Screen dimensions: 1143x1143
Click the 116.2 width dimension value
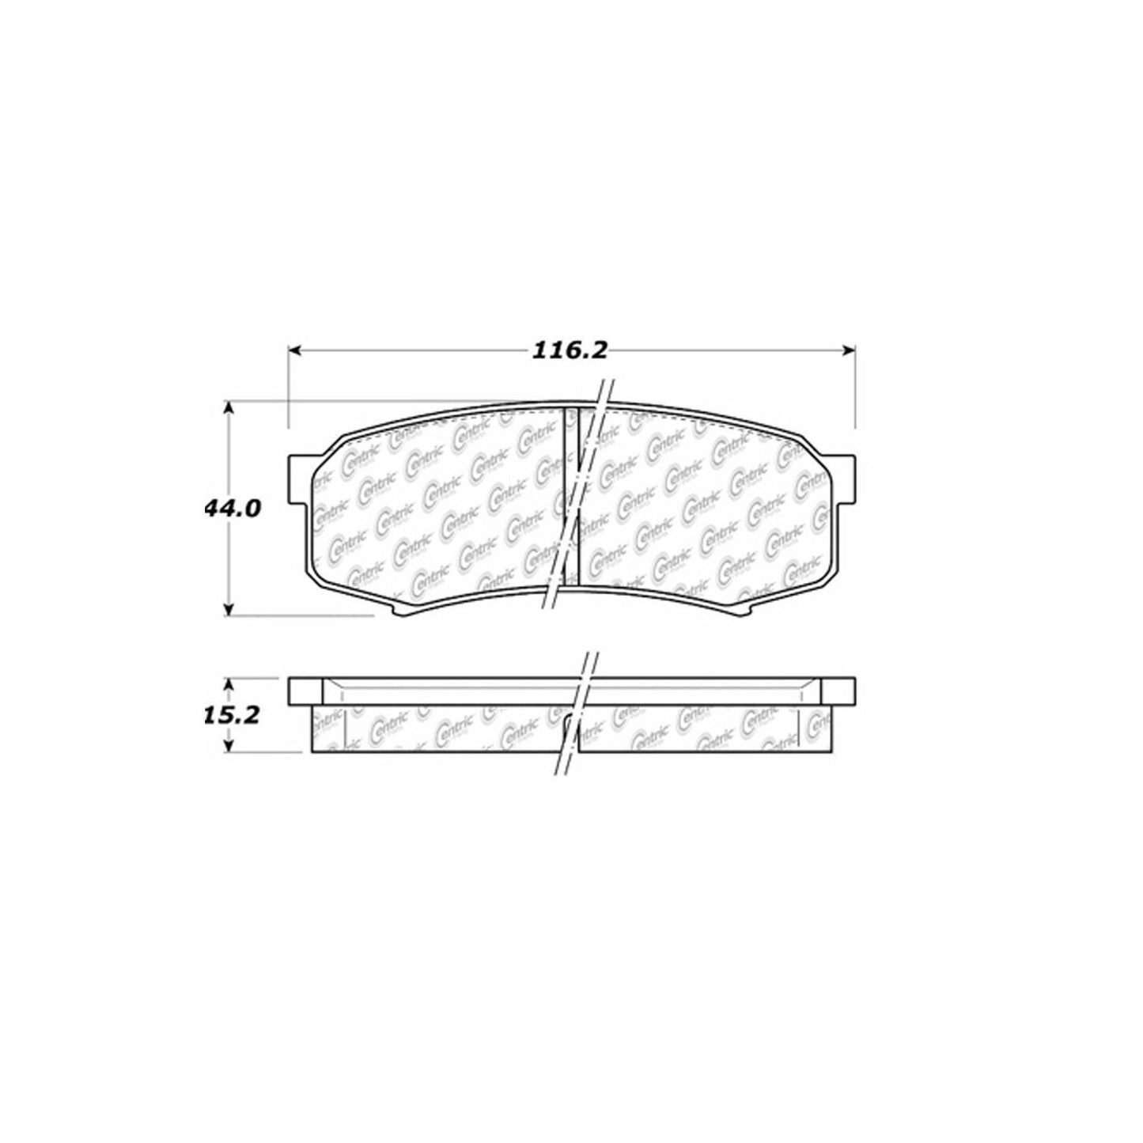570,350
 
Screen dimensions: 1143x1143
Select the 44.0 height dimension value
231,508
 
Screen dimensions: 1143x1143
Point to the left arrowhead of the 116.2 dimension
293,350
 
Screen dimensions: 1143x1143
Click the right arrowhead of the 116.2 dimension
850,350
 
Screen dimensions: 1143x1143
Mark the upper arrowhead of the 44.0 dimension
229,407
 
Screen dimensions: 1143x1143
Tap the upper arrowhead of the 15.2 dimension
229,682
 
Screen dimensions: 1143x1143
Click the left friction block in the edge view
439,728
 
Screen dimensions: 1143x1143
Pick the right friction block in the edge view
704,728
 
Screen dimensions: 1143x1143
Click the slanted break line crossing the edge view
576,712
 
